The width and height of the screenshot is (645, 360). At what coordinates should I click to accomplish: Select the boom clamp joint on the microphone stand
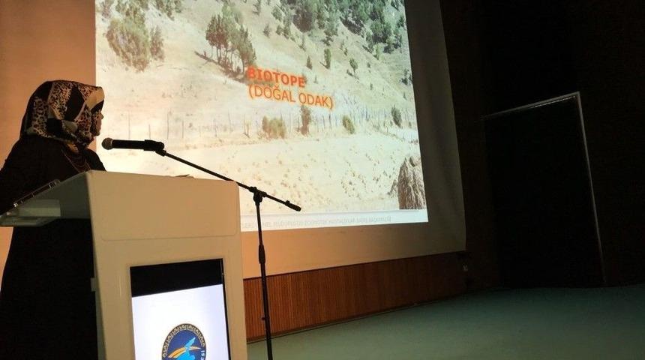point(257,195)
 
